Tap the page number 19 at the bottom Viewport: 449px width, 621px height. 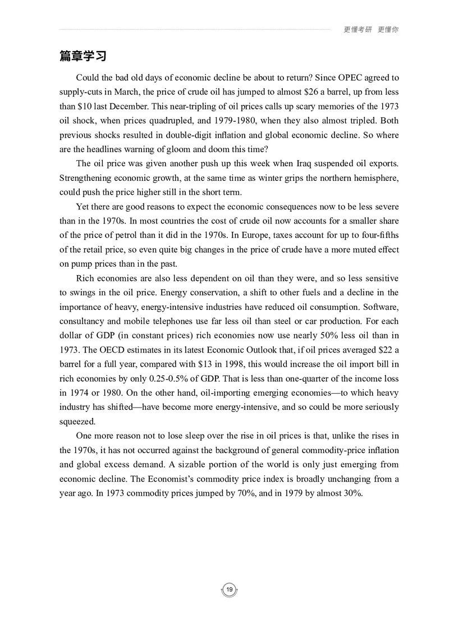coord(230,589)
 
